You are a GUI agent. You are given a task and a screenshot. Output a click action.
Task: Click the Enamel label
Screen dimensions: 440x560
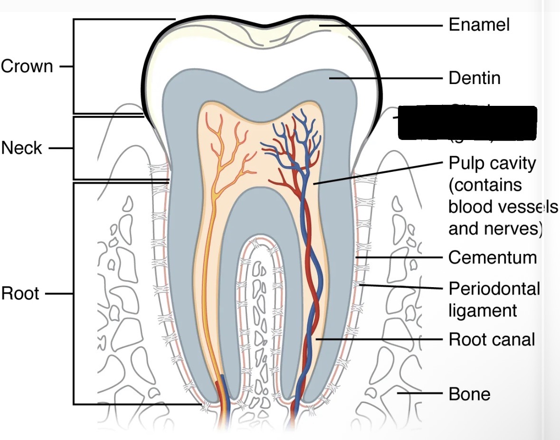479,25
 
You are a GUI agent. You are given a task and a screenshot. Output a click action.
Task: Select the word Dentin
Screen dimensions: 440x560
475,78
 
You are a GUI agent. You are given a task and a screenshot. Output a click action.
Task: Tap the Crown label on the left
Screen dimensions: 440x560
27,66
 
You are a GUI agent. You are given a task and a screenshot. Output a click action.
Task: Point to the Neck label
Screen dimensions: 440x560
22,148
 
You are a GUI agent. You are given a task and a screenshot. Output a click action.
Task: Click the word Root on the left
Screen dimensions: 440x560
19,294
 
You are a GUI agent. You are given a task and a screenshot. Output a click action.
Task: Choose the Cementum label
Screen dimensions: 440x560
493,258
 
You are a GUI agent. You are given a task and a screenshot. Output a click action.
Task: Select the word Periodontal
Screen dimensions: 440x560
494,288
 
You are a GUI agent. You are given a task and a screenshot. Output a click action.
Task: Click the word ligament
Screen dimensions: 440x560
483,311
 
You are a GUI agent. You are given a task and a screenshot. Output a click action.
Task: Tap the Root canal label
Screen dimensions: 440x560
492,339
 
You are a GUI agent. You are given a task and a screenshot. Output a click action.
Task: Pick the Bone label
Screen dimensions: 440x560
469,394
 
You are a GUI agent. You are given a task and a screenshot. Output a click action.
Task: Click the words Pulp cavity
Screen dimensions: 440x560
492,163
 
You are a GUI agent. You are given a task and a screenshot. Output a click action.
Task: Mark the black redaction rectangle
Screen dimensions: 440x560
467,123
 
